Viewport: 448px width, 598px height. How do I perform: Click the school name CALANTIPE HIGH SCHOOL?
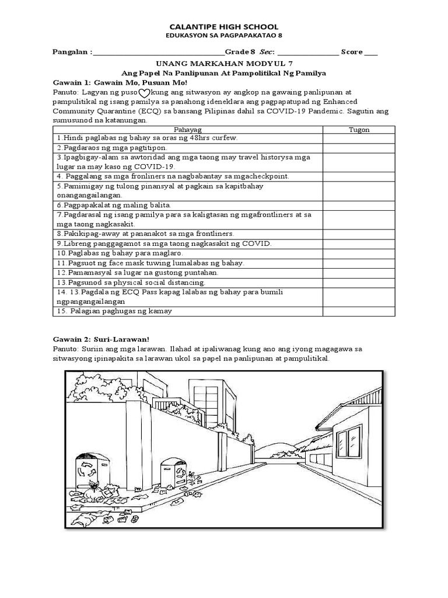tap(223, 27)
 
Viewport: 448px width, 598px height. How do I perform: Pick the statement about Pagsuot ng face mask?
tap(150, 263)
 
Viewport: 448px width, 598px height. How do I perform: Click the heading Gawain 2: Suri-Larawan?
tap(101, 338)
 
